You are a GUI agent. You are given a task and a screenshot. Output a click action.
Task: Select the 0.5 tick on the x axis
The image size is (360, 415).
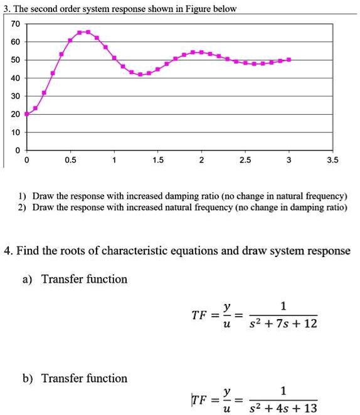[70, 160]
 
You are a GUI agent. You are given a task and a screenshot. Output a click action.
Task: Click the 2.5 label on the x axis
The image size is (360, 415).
[245, 160]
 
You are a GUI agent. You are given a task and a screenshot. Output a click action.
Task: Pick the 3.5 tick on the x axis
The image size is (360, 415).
[332, 160]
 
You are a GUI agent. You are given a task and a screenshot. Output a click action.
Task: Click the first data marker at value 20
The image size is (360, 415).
[26, 114]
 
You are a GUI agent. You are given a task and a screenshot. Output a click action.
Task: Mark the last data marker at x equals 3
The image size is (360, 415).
[289, 60]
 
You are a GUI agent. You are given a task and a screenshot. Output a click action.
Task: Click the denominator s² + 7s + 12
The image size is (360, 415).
[283, 324]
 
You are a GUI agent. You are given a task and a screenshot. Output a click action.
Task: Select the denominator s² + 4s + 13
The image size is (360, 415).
[283, 409]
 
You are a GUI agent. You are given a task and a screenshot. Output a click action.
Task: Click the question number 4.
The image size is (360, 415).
[8, 251]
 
